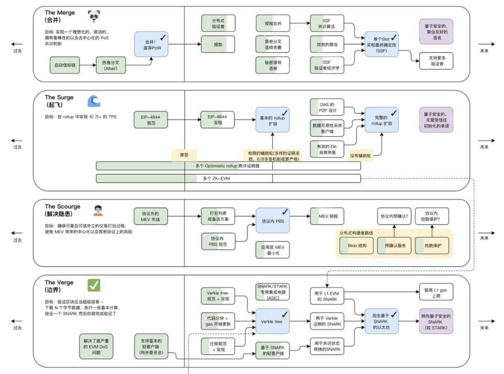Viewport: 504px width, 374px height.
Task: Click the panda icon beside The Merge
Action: click(x=94, y=17)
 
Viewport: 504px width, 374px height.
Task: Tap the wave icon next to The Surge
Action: click(x=94, y=100)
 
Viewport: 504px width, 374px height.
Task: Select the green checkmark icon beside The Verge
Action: click(x=94, y=285)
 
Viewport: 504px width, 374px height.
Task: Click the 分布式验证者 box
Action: click(x=218, y=24)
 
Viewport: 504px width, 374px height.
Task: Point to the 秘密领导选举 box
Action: click(x=272, y=65)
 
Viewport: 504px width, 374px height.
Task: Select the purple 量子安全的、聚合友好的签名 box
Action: click(x=436, y=32)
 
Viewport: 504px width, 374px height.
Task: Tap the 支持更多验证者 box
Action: click(x=436, y=61)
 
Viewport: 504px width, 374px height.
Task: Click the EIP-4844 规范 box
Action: click(x=151, y=119)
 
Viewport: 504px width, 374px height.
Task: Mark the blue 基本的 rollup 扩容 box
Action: click(x=272, y=119)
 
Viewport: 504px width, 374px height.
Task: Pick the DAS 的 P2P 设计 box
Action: click(x=327, y=107)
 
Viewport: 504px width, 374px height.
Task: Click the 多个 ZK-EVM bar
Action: click(x=228, y=178)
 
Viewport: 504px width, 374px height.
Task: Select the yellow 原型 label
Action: click(x=184, y=155)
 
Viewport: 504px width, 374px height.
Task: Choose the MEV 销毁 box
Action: click(x=327, y=217)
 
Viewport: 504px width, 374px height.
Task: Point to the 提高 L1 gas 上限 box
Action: click(x=436, y=292)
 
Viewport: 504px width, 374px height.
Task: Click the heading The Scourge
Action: click(x=62, y=207)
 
